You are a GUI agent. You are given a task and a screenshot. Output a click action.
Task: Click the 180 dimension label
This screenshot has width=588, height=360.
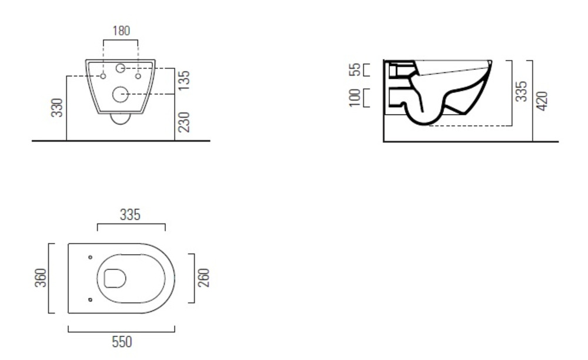tap(122, 31)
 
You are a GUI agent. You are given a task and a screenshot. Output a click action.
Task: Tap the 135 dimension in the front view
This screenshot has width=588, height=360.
tap(183, 80)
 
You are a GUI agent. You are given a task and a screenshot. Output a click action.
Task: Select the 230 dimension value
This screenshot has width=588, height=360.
tap(183, 122)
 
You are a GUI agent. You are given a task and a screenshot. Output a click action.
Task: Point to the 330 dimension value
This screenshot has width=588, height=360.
tap(57, 108)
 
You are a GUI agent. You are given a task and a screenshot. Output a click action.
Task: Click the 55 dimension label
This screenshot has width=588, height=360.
tap(355, 70)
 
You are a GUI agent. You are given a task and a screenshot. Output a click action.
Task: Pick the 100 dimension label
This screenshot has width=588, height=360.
tap(355, 98)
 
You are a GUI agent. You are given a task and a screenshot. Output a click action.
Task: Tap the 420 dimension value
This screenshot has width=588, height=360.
tap(542, 101)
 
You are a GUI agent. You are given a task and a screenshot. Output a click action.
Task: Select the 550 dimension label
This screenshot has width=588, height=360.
tap(122, 342)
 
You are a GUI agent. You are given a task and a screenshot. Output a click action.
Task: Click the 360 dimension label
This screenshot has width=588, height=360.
tap(41, 278)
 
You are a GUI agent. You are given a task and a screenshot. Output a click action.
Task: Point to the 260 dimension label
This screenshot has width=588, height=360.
tap(203, 278)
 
